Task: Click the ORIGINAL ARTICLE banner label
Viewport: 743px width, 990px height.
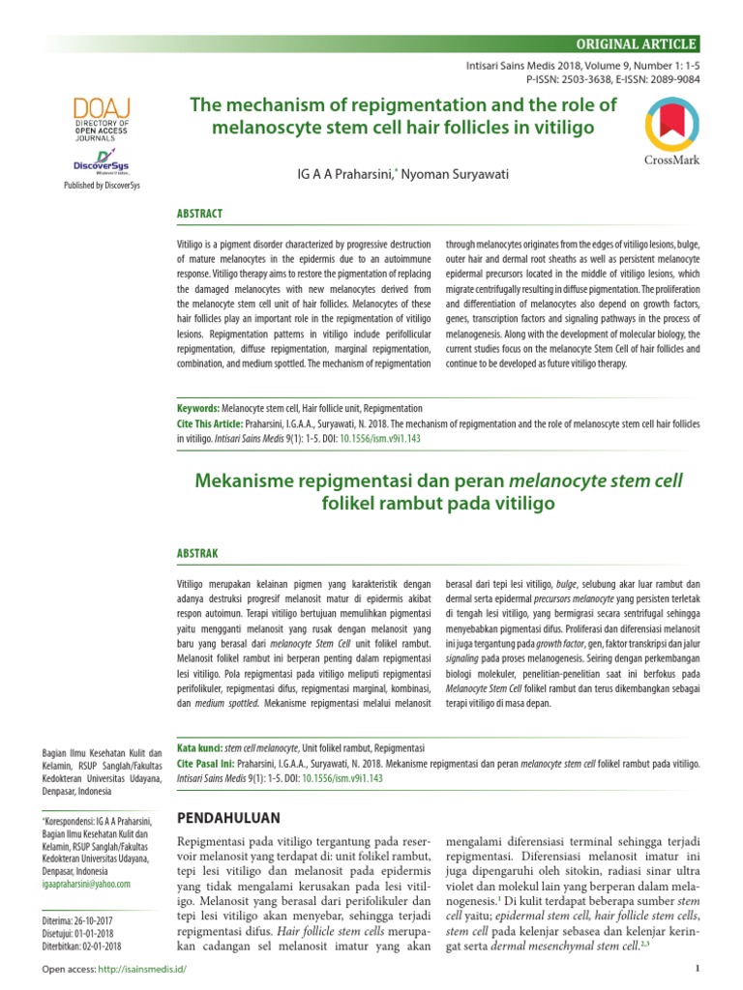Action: [636, 44]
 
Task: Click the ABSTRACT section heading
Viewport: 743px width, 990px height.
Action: [198, 214]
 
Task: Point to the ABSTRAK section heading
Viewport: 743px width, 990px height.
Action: [197, 553]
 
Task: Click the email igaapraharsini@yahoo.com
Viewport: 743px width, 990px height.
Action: [85, 883]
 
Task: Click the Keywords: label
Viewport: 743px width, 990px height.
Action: [197, 409]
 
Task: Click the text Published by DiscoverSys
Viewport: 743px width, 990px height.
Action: [102, 185]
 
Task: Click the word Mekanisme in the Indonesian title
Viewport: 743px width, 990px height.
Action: [250, 480]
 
